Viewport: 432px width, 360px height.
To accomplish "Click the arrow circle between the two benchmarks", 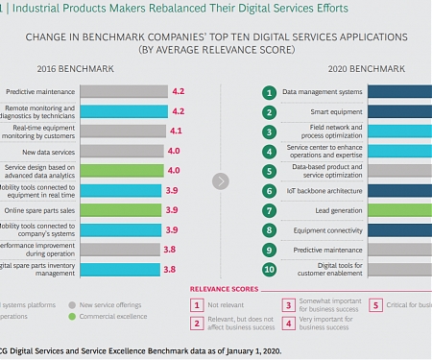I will coord(221,180).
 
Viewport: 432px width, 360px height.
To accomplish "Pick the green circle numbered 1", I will coord(271,93).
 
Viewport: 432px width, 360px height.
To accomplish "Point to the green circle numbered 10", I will coord(271,270).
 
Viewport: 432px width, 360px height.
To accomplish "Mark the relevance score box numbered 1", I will coord(196,305).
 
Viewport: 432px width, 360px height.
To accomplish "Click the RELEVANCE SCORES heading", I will coord(224,288).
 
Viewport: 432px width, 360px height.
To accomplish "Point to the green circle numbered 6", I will coord(271,191).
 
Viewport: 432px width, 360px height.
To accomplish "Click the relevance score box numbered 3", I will coord(287,305).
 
